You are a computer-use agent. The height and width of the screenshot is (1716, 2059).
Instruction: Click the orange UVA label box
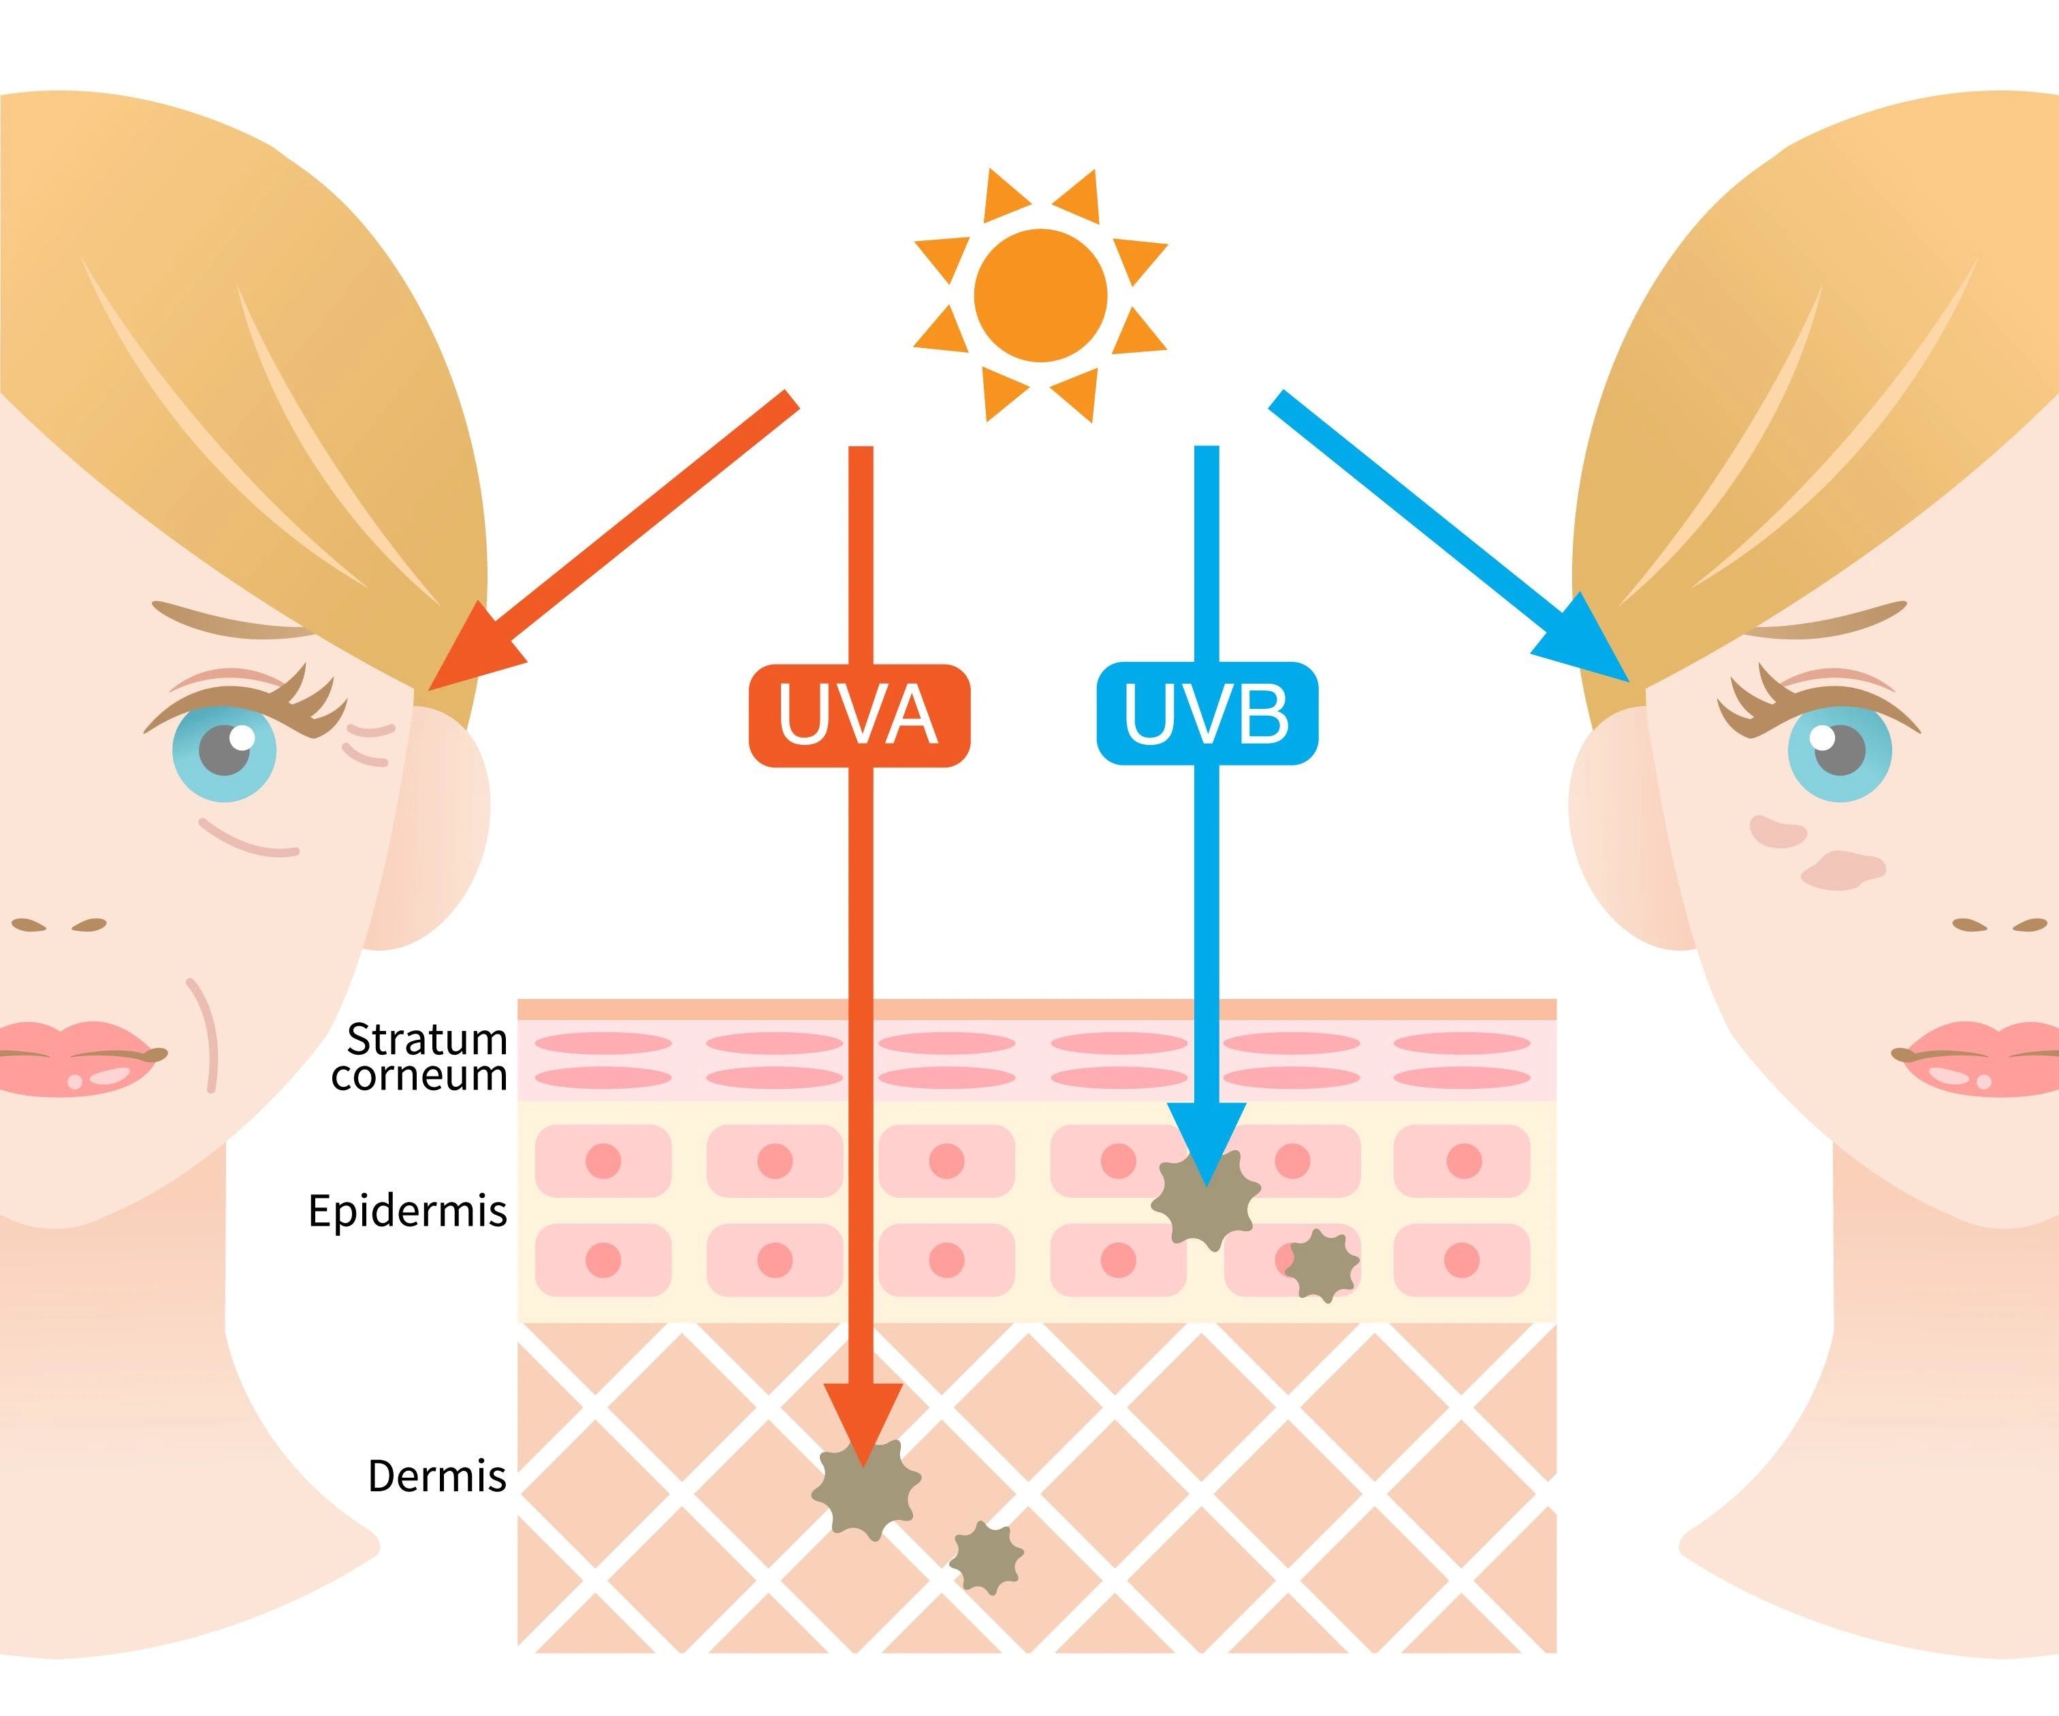[x=859, y=715]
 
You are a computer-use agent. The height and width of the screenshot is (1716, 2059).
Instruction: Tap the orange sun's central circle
[x=1040, y=295]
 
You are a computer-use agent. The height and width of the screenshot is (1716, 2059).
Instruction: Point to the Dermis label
[x=436, y=1476]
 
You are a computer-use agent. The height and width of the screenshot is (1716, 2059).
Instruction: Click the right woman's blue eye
[x=1838, y=751]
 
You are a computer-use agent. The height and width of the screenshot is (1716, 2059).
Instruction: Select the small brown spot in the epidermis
[x=1321, y=1266]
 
